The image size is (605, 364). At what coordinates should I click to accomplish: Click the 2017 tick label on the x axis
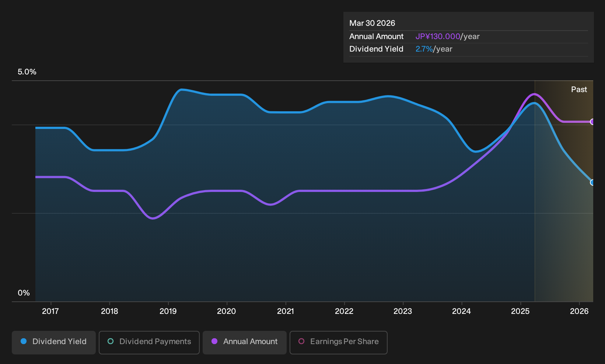click(50, 311)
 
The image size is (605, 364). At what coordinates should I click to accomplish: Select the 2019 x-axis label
click(168, 311)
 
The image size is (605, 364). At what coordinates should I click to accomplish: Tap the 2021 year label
click(286, 311)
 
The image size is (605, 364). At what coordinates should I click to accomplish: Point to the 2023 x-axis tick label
click(403, 311)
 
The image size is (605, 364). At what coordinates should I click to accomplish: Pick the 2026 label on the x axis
click(579, 311)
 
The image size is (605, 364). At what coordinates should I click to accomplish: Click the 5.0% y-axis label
click(27, 72)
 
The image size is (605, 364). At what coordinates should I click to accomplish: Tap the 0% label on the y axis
click(24, 293)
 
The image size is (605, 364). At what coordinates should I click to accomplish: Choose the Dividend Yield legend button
click(54, 342)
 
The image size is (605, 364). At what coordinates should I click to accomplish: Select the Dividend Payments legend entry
click(149, 342)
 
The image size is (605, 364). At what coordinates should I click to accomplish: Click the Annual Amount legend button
click(244, 342)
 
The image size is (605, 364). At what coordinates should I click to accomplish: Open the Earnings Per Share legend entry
click(338, 342)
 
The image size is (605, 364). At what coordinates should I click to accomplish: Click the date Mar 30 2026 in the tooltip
click(372, 23)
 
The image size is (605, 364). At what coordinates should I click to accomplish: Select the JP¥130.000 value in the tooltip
click(438, 36)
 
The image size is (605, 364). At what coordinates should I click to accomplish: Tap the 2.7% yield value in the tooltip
click(424, 49)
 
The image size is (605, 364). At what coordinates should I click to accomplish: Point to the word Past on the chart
click(579, 90)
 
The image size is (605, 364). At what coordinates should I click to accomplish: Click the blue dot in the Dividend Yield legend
click(24, 341)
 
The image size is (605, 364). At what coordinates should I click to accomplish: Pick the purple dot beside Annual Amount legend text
click(214, 341)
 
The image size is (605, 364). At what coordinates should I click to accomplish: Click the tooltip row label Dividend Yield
click(376, 49)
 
